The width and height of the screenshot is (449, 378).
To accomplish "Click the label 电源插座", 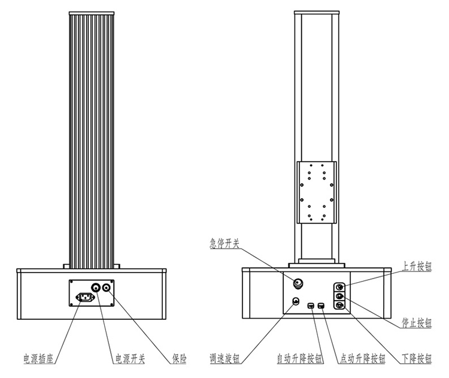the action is [38, 359].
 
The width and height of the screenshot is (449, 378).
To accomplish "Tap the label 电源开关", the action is [131, 359].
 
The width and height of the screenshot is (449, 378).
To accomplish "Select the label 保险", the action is [180, 359].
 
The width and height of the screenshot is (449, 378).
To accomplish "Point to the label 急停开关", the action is [224, 244].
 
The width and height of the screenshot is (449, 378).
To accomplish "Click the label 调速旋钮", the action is [224, 359].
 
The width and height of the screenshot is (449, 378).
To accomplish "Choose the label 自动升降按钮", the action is [299, 359].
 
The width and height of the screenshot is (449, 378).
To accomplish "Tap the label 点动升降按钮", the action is [363, 359].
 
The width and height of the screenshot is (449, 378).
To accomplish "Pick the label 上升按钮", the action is [417, 267].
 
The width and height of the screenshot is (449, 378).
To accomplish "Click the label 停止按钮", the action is [417, 323].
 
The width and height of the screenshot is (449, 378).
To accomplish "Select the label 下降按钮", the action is [417, 359].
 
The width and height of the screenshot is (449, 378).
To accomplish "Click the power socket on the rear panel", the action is [86, 297].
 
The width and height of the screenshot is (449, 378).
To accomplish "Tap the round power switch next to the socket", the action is [96, 287].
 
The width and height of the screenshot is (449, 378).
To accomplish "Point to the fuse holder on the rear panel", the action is [107, 287].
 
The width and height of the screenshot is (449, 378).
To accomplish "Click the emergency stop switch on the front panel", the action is [298, 283].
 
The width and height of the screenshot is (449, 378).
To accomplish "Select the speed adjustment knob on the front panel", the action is [296, 301].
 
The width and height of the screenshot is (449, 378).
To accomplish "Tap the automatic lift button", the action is [311, 306].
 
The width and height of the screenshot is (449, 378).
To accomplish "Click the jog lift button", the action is [321, 306].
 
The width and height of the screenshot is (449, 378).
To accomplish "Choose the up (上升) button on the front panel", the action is [340, 287].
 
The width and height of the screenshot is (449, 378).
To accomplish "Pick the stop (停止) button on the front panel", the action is [340, 296].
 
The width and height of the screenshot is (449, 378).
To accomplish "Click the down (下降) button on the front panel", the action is [340, 305].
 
